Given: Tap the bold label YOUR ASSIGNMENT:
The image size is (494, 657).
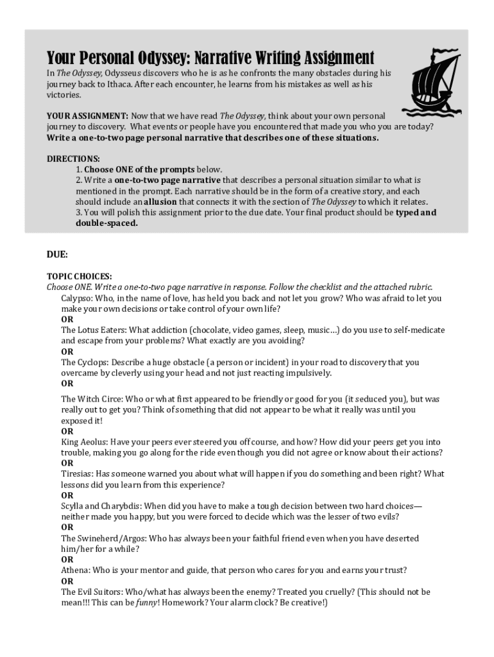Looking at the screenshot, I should tap(87, 116).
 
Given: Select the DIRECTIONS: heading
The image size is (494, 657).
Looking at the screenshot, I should tap(73, 158).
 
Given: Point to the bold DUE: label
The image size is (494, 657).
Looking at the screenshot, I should tap(57, 254).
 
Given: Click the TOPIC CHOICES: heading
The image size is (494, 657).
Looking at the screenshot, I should tap(79, 276).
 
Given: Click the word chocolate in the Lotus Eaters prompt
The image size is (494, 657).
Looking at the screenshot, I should tap(219, 330).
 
